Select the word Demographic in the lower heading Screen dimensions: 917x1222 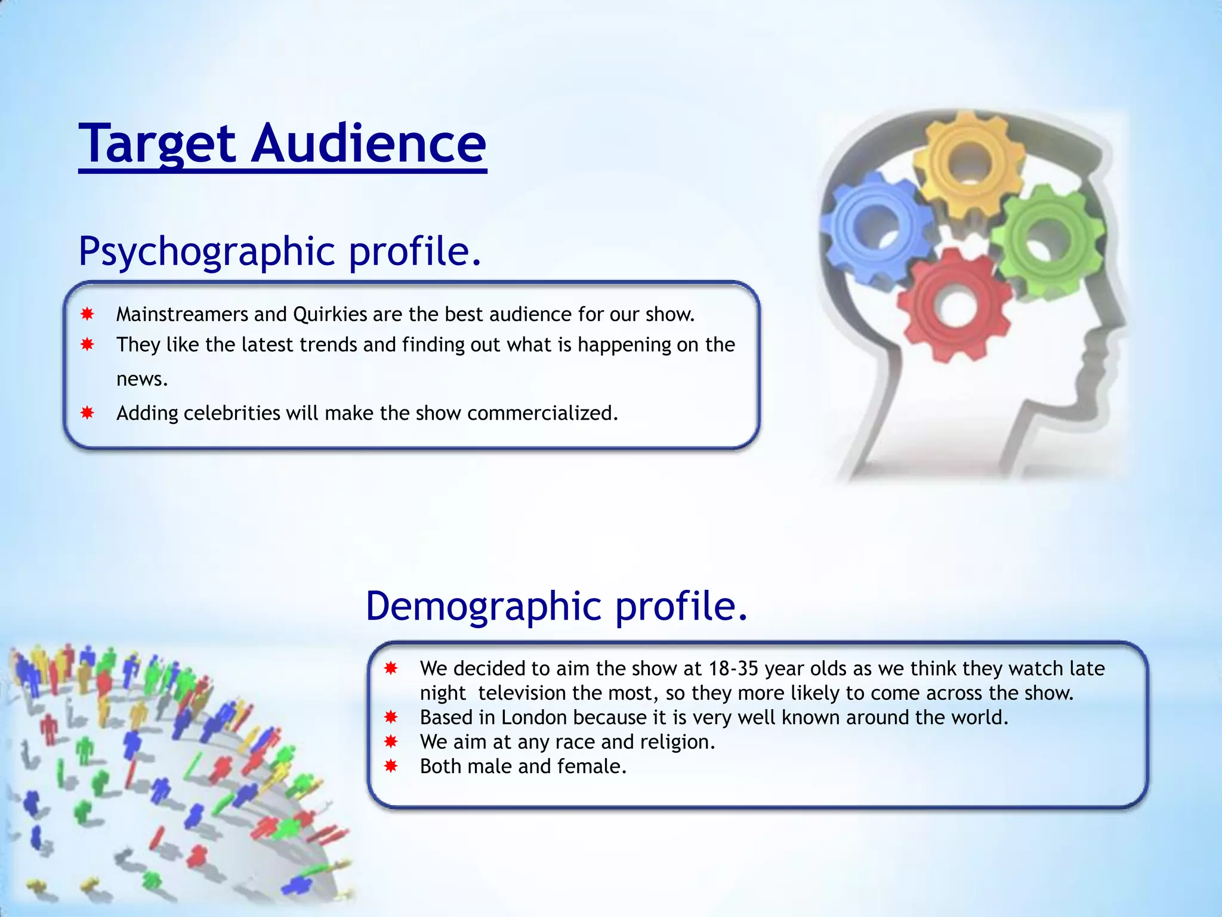click(x=484, y=606)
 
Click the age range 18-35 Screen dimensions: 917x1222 click(x=733, y=669)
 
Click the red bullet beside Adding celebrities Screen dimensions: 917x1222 click(x=88, y=413)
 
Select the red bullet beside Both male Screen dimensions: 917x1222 click(x=391, y=766)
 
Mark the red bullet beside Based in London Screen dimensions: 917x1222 click(x=391, y=717)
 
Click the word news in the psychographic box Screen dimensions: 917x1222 click(x=141, y=380)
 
